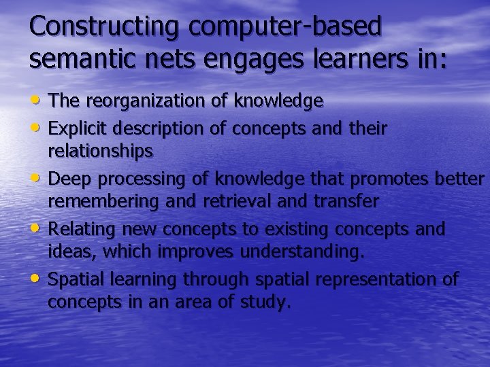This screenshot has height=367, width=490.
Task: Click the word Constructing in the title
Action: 103,27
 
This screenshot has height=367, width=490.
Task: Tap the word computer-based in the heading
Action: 286,27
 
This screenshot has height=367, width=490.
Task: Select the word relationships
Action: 100,152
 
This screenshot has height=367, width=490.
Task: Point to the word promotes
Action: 395,179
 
